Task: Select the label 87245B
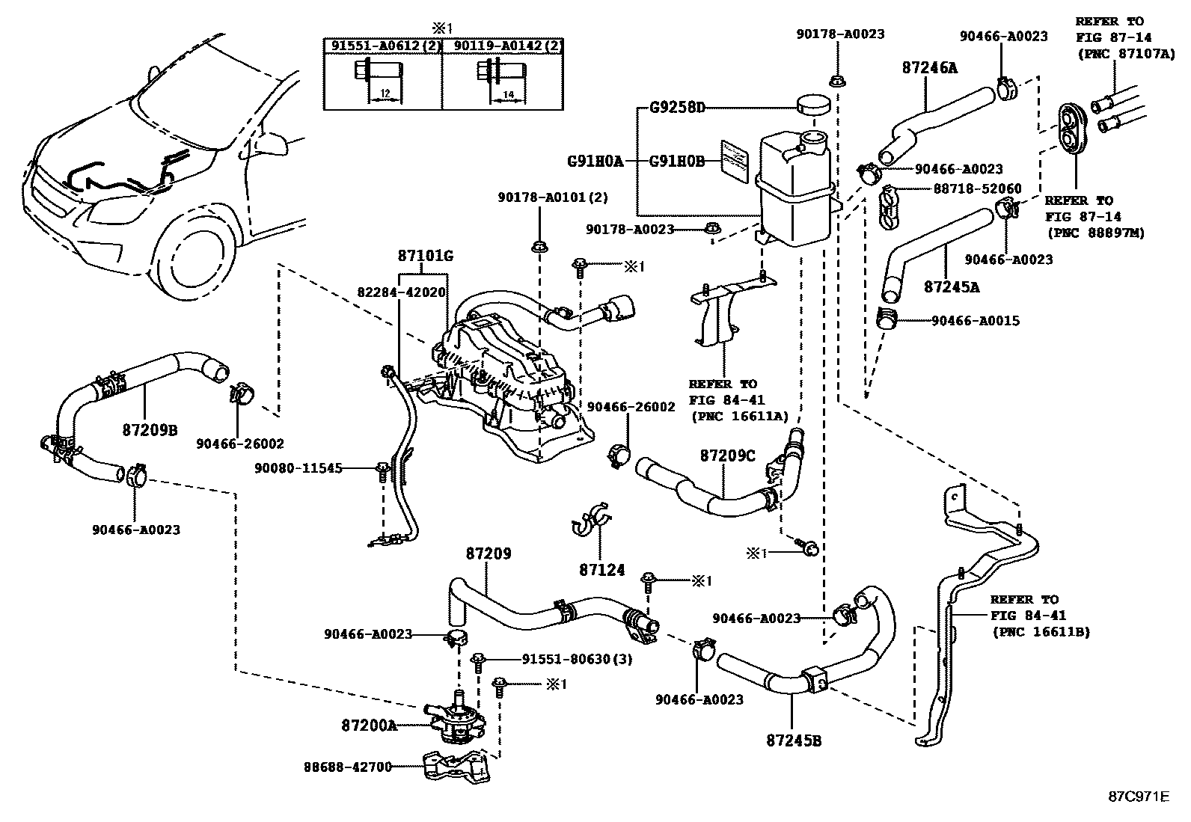(794, 740)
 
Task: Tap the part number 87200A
(369, 725)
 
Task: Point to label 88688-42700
(348, 767)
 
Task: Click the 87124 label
(601, 570)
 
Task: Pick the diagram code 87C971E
(1138, 796)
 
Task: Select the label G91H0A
(595, 160)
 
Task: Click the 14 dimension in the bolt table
(508, 94)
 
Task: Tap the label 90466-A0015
(976, 321)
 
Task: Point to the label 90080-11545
(298, 468)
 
